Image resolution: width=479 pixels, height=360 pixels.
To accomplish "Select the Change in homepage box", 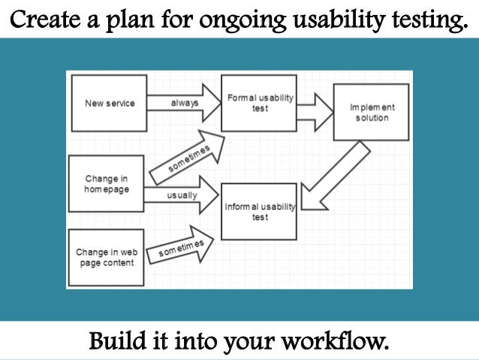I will point(106,183).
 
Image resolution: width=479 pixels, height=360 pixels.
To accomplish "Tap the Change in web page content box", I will point(105,257).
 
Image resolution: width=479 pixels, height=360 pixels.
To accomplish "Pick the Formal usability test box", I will point(259,103).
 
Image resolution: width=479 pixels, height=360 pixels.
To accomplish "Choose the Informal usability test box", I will point(259,211).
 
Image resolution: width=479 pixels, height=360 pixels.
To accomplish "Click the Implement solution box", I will point(370,112).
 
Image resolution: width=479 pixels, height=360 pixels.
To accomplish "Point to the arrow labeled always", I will point(182,102).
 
